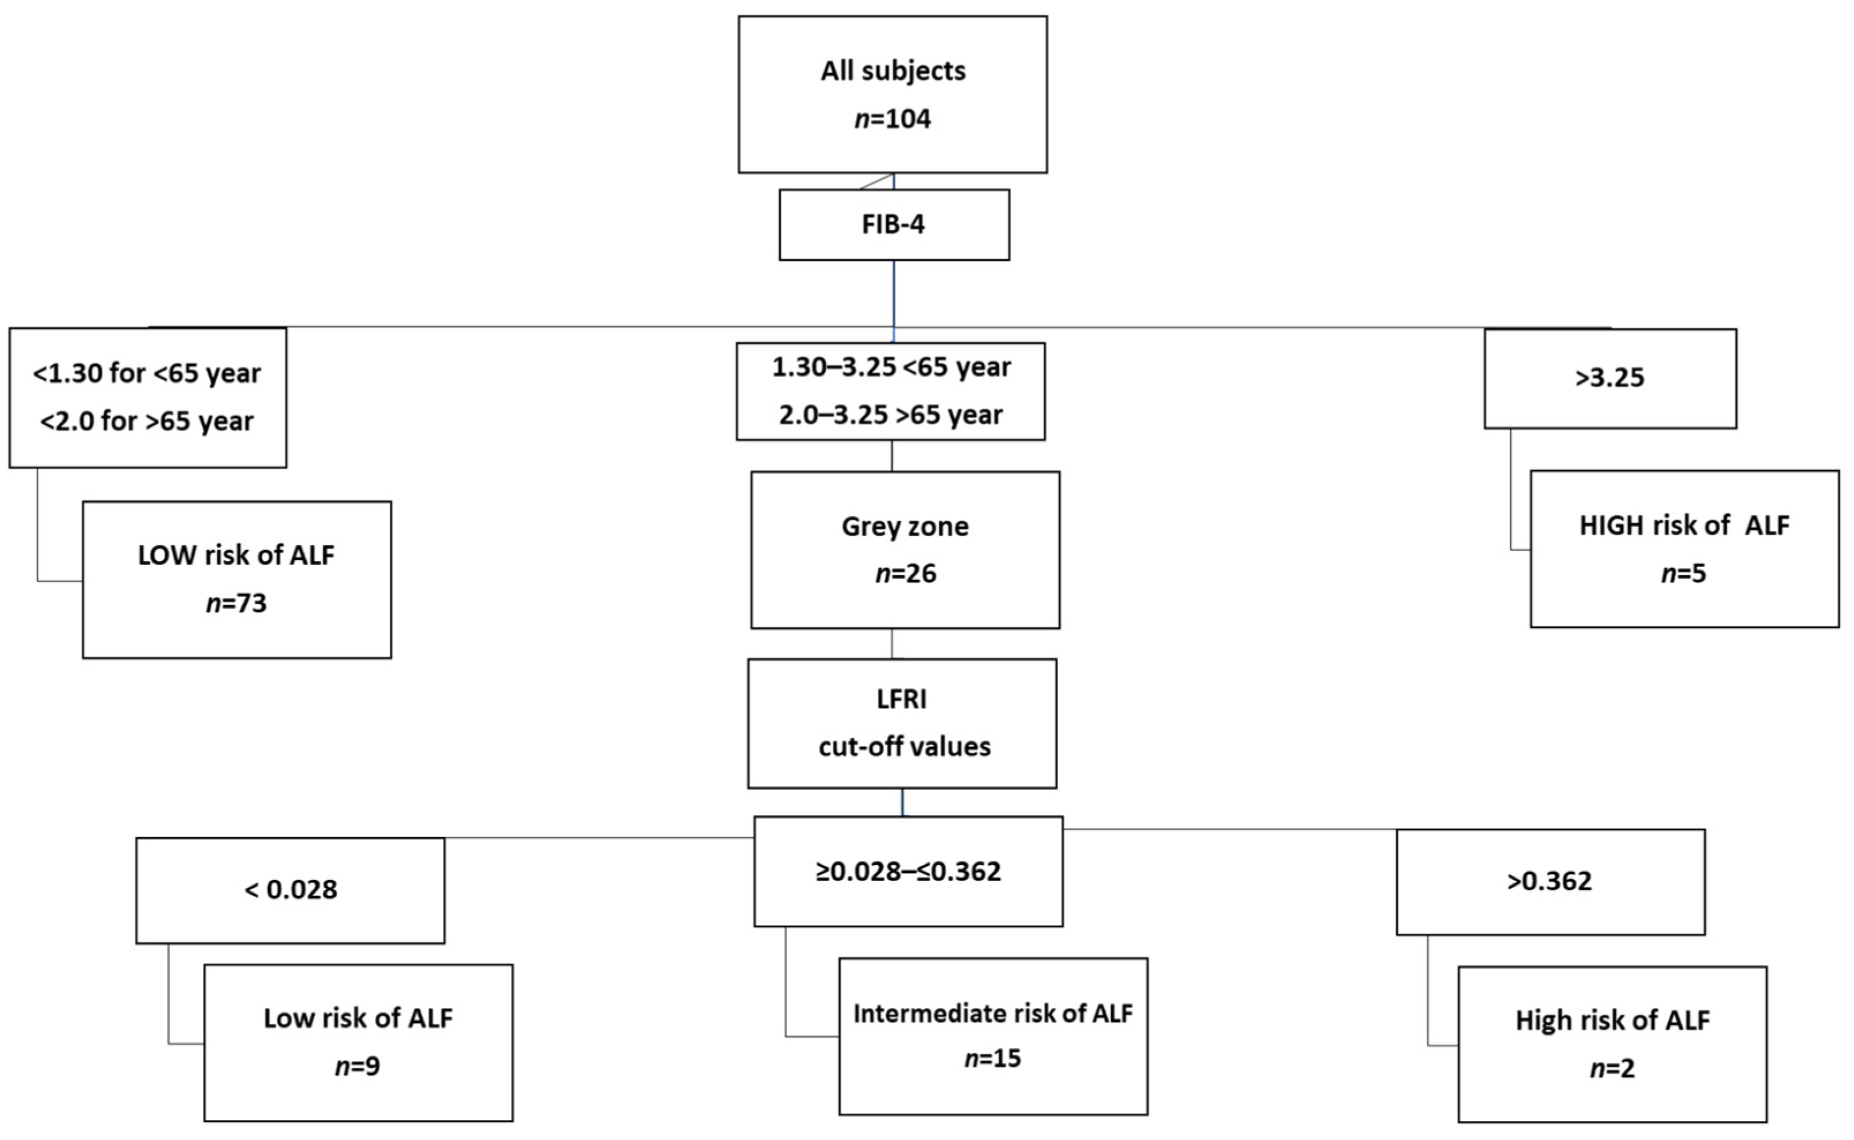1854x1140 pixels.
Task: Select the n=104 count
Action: coord(892,119)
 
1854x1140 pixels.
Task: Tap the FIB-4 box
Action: coord(893,224)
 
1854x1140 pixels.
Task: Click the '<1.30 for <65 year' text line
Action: coord(147,373)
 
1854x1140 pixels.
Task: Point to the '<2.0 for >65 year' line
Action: coord(147,421)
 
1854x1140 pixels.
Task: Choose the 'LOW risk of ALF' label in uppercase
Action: coord(236,555)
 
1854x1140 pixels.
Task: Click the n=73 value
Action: coord(236,603)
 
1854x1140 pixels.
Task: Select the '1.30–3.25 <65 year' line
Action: coord(891,367)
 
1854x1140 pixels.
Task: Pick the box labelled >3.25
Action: coord(1610,378)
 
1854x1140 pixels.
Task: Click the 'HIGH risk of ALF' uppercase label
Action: coord(1684,526)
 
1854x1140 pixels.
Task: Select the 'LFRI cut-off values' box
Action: coord(902,723)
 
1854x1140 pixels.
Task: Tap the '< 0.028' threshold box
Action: coord(290,890)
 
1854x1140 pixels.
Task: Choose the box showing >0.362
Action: coord(1550,882)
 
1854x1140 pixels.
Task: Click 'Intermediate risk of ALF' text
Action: coord(992,1013)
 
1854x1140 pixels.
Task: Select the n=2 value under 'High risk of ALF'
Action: coord(1612,1068)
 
